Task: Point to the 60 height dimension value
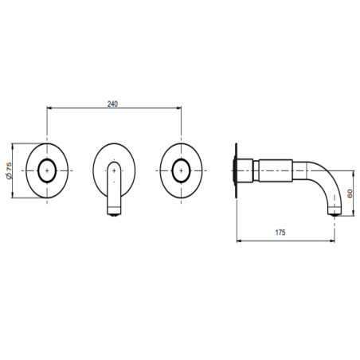350,193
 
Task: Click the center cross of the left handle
49,171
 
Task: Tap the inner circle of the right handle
179,171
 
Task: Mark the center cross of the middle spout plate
115,171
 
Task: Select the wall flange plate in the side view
236,171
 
